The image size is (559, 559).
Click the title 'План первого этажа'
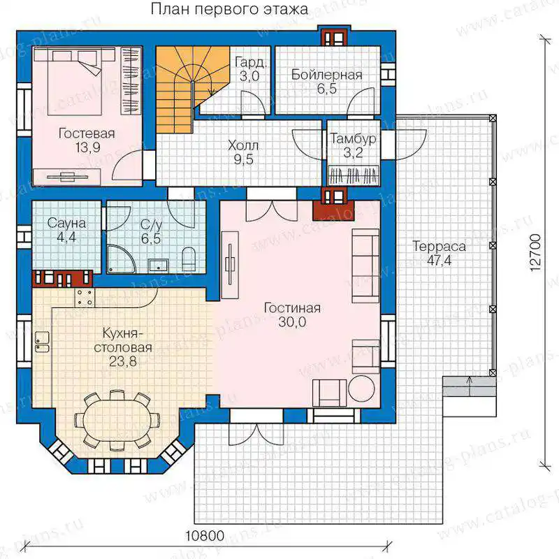[229, 9]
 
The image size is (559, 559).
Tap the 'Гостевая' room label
[87, 133]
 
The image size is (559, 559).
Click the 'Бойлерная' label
[326, 75]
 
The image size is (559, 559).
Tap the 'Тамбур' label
[353, 138]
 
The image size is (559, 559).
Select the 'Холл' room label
[243, 145]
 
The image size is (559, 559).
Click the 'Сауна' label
[66, 223]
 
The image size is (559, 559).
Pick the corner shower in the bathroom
[119, 258]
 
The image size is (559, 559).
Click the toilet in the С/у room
[189, 259]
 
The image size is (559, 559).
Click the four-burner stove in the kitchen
[85, 298]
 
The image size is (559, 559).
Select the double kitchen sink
[43, 342]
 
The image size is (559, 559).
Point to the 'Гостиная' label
[292, 307]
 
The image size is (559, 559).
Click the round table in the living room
[361, 389]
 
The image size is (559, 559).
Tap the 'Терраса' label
[440, 246]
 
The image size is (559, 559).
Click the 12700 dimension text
[535, 253]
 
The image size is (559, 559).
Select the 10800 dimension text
[205, 535]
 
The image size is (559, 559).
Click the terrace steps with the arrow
[470, 386]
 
